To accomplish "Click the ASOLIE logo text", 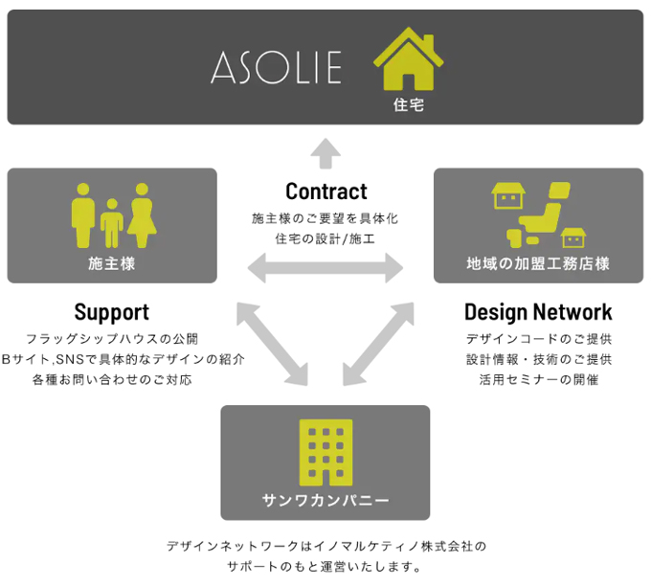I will click(x=276, y=67).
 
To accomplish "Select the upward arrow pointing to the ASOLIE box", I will click(x=326, y=151).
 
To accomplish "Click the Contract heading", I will click(x=326, y=191).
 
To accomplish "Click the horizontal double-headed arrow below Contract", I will click(x=325, y=268).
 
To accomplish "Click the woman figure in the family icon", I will click(x=143, y=215).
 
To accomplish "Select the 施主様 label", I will click(x=112, y=263).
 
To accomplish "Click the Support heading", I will click(x=112, y=312).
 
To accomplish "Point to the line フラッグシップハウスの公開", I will click(x=112, y=339).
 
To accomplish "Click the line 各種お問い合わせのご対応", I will click(x=112, y=379).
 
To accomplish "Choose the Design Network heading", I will click(x=538, y=312).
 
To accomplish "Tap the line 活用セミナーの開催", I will click(x=538, y=379).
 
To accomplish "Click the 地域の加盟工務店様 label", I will click(x=538, y=263).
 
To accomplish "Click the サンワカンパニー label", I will click(x=325, y=500).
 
